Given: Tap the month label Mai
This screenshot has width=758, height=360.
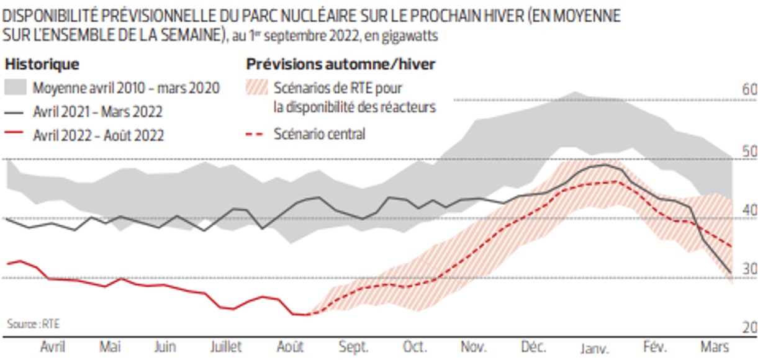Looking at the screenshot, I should point(111,346).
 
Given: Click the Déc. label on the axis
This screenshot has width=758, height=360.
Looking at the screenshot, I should point(534,346).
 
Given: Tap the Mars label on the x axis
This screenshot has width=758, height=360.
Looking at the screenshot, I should point(715,346).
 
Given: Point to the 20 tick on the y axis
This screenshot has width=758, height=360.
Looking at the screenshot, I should point(750,327).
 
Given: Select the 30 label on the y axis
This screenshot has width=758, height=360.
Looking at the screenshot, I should point(750,269).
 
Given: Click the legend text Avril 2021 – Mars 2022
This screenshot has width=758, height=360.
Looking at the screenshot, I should point(98,112).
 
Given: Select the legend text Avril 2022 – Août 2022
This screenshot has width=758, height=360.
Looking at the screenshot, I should point(99,135).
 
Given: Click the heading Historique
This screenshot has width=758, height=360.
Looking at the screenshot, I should point(42,64).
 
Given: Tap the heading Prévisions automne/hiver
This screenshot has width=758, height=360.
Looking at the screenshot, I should point(341,64).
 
